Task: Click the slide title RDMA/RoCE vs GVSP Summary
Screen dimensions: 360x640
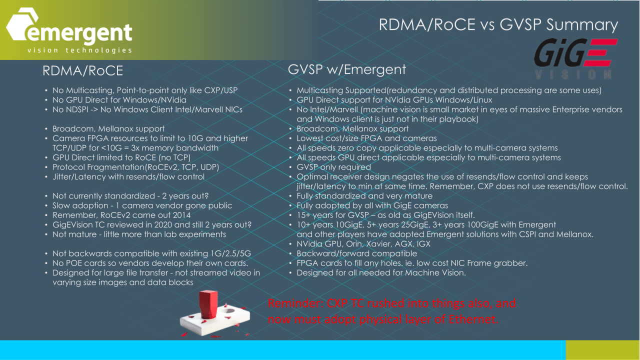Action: [x=498, y=24]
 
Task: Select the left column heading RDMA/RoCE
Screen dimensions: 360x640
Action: [x=82, y=71]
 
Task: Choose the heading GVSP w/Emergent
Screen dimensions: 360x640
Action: [x=346, y=69]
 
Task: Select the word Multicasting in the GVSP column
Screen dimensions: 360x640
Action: [x=319, y=90]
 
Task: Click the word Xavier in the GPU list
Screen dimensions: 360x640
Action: [x=386, y=244]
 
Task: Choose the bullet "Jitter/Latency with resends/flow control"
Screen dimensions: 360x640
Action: [x=128, y=176]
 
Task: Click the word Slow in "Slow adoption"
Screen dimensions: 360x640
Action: [x=62, y=205]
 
